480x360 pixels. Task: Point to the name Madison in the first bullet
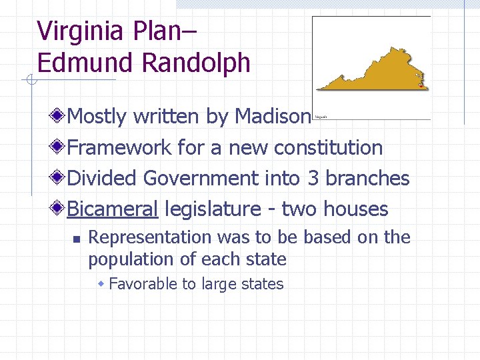(273, 117)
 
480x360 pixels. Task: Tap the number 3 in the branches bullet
(313, 179)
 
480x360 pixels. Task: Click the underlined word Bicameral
(113, 209)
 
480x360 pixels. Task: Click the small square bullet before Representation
(77, 238)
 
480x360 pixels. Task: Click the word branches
(367, 179)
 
